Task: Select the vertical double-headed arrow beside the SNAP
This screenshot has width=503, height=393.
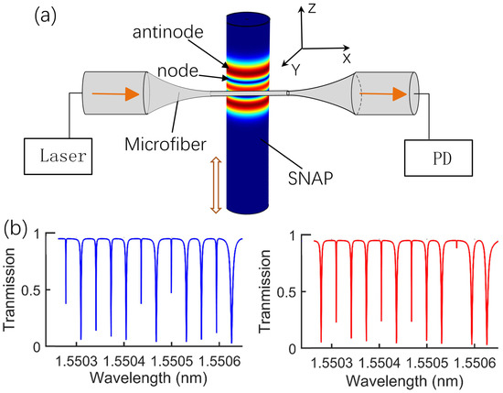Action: click(216, 183)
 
